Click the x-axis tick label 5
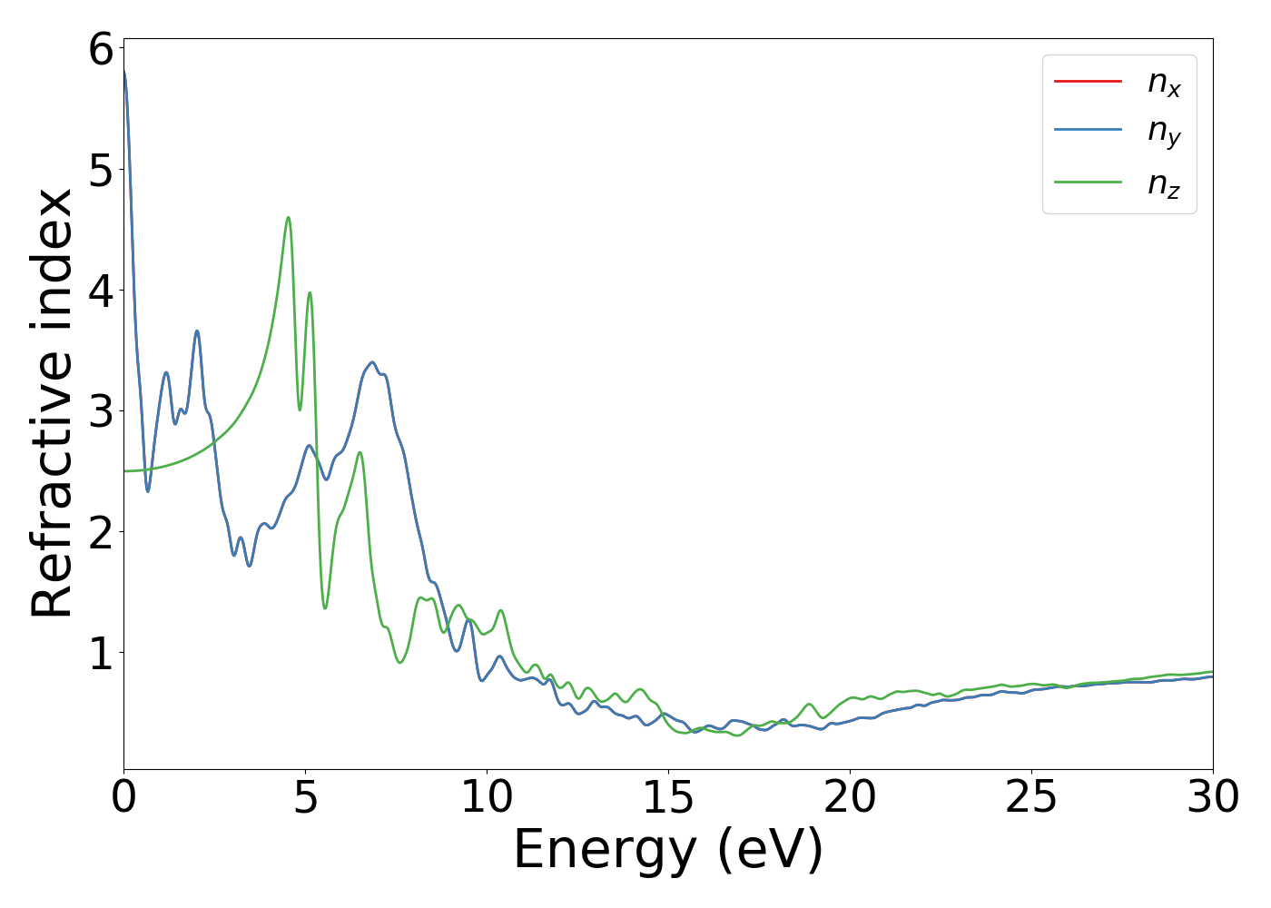[306, 797]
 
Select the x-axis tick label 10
[487, 797]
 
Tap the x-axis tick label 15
[668, 797]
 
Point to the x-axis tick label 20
[850, 797]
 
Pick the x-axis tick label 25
[1031, 797]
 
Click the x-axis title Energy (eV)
[668, 851]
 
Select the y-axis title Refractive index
[53, 403]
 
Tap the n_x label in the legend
[1164, 84]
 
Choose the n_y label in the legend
[1164, 133]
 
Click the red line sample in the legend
[1088, 82]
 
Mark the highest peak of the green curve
[288, 218]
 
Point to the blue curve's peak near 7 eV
[371, 362]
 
